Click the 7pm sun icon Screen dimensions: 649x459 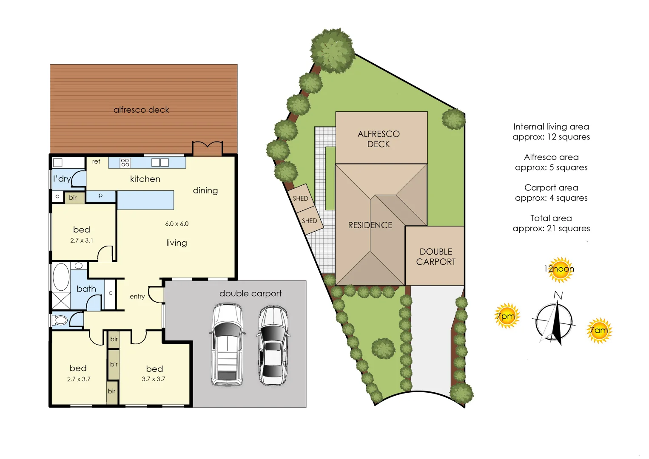pyautogui.click(x=507, y=316)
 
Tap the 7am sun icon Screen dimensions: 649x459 pyautogui.click(x=599, y=330)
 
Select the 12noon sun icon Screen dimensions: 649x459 pyautogui.click(x=559, y=269)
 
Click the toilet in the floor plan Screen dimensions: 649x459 pyautogui.click(x=60, y=320)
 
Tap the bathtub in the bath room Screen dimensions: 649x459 pyautogui.click(x=61, y=277)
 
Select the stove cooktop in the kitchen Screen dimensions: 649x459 pyautogui.click(x=125, y=162)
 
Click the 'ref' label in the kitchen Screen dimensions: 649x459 pyautogui.click(x=96, y=161)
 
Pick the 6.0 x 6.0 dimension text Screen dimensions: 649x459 pyautogui.click(x=177, y=224)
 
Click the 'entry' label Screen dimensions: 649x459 pyautogui.click(x=137, y=297)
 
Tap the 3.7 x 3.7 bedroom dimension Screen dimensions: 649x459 pyautogui.click(x=154, y=379)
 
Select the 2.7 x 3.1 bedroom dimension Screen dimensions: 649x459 pyautogui.click(x=82, y=241)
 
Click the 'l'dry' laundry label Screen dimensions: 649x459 pyautogui.click(x=62, y=179)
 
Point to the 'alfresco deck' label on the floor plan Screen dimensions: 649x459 pyautogui.click(x=141, y=110)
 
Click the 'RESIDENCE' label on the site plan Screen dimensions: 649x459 pyautogui.click(x=370, y=225)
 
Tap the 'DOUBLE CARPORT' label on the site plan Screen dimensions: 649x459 pyautogui.click(x=436, y=257)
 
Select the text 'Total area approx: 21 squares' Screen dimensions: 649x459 pyautogui.click(x=551, y=223)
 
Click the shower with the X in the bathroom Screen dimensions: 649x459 pyautogui.click(x=61, y=300)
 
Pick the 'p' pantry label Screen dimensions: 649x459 pyautogui.click(x=100, y=195)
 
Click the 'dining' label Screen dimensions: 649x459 pyautogui.click(x=205, y=190)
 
